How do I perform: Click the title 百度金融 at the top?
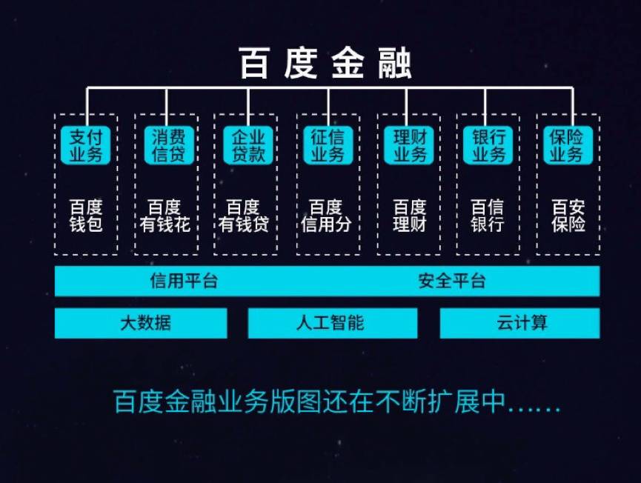click(325, 64)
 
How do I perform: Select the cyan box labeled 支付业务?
click(86, 145)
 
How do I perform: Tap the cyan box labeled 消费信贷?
click(167, 145)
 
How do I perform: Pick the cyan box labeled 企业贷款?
click(248, 145)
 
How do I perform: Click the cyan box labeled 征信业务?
click(328, 145)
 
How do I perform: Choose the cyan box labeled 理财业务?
click(408, 145)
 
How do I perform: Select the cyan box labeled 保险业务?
click(568, 145)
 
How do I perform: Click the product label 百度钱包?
click(86, 215)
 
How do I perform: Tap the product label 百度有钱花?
click(165, 215)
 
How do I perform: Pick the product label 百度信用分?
click(326, 215)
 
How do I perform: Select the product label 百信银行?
click(488, 215)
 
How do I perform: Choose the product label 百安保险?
click(568, 215)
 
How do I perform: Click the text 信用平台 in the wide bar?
click(184, 282)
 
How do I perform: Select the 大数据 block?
click(141, 323)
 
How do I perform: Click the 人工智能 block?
click(331, 323)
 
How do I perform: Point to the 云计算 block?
click(521, 323)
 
